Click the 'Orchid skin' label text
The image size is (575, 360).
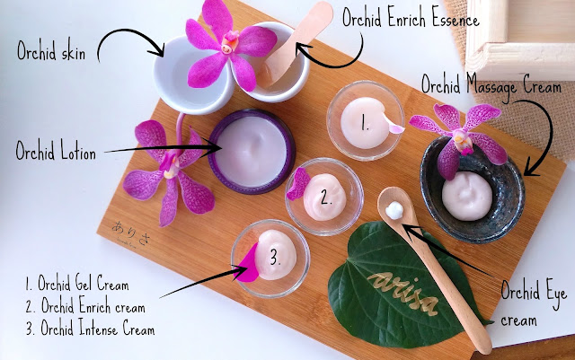pos(51,50)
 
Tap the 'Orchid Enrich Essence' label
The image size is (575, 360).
pos(411,18)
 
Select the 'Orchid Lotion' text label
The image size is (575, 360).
pos(56,150)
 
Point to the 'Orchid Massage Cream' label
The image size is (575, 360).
pos(491,86)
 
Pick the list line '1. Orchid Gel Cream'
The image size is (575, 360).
pos(77,283)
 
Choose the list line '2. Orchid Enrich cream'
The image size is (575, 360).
pos(85,305)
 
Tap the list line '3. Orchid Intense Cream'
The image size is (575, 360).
pos(90,328)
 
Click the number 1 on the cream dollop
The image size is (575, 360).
pos(364,123)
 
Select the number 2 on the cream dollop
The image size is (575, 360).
pos(326,198)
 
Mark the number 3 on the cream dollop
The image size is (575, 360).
pos(275,258)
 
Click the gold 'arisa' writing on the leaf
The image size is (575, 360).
pos(403,292)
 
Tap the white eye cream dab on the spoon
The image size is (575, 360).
pos(394,210)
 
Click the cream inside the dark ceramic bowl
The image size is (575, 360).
pos(467,196)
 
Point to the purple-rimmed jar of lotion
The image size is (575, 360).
pos(252,151)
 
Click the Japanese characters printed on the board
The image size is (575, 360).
pos(130,232)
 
